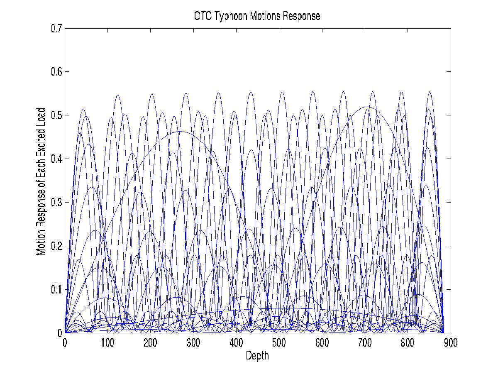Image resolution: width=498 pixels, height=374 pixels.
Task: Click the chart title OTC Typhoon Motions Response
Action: pyautogui.click(x=257, y=17)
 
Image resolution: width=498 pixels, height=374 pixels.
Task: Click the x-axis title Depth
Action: pyautogui.click(x=257, y=356)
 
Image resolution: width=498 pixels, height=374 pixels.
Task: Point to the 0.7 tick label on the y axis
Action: pyautogui.click(x=56, y=29)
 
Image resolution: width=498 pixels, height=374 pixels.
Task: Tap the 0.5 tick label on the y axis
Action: pyautogui.click(x=56, y=115)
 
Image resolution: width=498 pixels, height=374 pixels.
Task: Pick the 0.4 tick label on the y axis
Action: pyautogui.click(x=56, y=159)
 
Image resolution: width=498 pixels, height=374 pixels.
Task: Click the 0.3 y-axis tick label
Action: pyautogui.click(x=56, y=203)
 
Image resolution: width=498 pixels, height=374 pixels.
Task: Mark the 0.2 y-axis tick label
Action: pyautogui.click(x=56, y=246)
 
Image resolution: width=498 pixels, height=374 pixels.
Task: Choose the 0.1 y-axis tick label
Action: pyautogui.click(x=56, y=289)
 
